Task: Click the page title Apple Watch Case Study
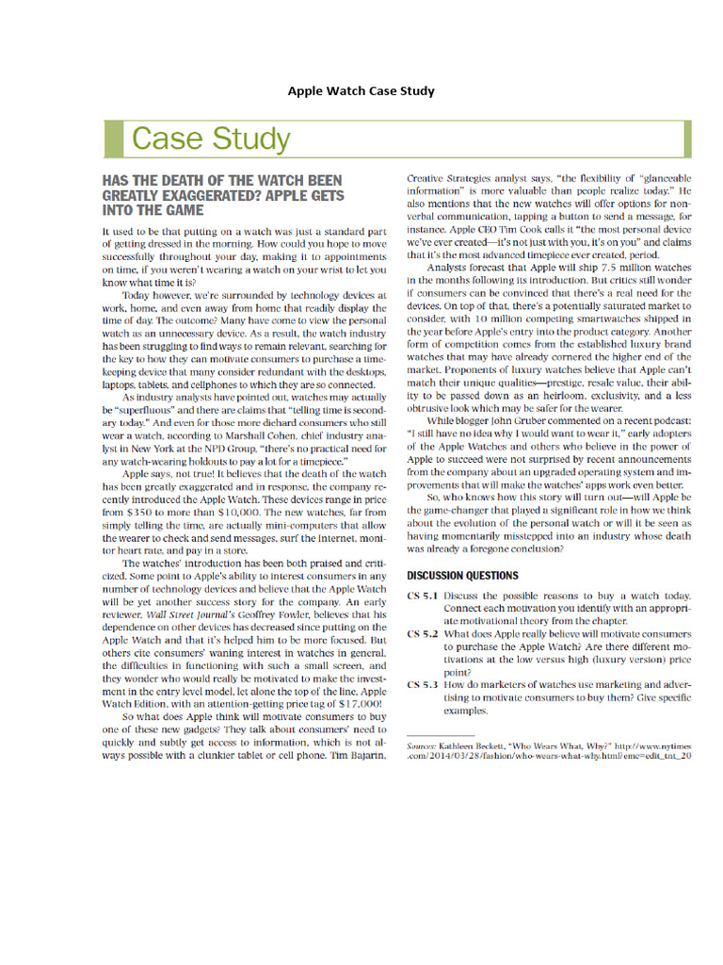point(361,91)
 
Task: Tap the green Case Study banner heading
point(210,139)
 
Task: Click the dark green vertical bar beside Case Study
point(112,139)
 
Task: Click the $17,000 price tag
point(357,703)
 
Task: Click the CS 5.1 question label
point(423,597)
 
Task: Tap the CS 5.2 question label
point(423,635)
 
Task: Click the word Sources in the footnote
point(421,744)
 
